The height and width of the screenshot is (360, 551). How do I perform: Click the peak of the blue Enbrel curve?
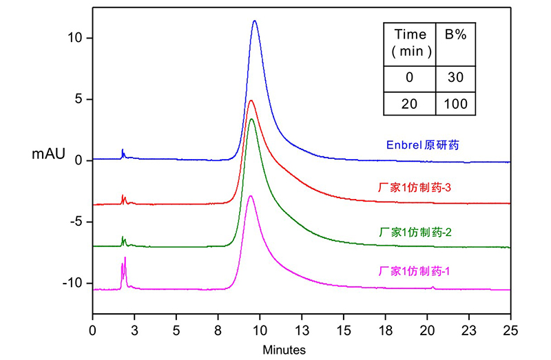(x=255, y=21)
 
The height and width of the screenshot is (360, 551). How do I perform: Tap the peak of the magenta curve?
(x=251, y=196)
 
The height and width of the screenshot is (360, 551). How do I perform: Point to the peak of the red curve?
(x=251, y=100)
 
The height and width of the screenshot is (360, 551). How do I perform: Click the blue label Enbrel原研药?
(x=422, y=146)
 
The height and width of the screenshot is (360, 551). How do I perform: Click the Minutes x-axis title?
(x=284, y=350)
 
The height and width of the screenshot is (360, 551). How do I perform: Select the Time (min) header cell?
(x=410, y=42)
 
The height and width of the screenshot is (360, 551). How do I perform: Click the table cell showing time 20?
(x=409, y=103)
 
